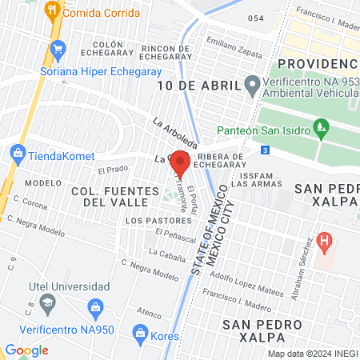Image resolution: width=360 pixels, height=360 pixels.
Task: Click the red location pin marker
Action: [181, 164]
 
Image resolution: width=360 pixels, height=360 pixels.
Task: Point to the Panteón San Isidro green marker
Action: [322, 126]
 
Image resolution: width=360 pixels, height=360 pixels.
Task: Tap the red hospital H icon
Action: [324, 240]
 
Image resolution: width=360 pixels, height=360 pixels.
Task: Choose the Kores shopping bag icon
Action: [140, 331]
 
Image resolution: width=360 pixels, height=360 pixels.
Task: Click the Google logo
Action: [26, 350]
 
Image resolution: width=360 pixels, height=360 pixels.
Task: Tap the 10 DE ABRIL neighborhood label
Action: [198, 86]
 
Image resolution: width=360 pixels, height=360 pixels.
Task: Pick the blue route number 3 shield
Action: [265, 150]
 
